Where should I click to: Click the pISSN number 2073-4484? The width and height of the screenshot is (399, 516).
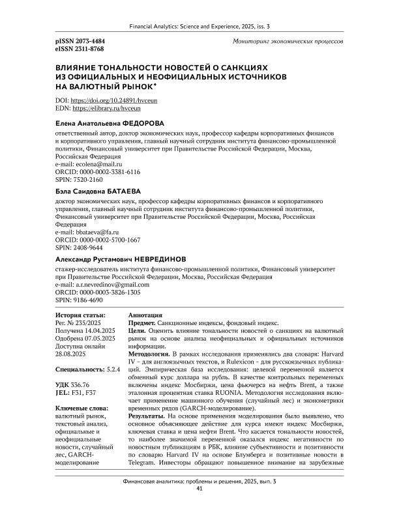coord(88,40)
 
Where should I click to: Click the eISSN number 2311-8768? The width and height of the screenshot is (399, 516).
coord(88,48)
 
